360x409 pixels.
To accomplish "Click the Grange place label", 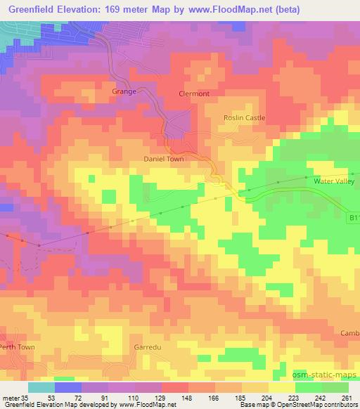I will pos(124,91).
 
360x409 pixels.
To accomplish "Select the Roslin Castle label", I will pos(244,118).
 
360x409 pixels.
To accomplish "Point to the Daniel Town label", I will pos(164,160).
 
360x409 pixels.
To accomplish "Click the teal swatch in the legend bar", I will pos(41,387).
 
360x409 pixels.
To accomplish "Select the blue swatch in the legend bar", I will pos(68,387).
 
